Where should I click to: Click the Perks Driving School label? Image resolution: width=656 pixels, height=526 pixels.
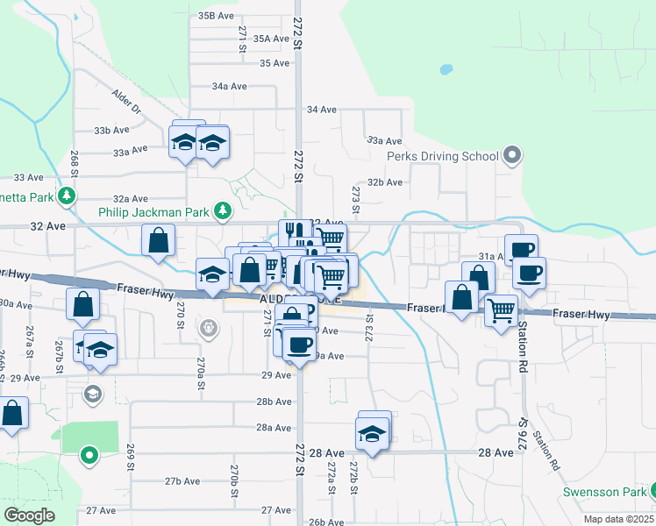[443, 157]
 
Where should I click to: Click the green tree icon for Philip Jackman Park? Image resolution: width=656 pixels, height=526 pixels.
[225, 210]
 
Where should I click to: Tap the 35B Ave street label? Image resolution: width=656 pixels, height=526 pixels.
[217, 16]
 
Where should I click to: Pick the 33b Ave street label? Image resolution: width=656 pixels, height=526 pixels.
[111, 131]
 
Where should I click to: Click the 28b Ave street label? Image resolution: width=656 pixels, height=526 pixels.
[274, 402]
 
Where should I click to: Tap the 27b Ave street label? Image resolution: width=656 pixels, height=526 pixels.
[182, 481]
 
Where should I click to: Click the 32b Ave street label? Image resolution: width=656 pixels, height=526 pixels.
[385, 182]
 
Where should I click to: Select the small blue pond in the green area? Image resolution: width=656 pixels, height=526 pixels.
[446, 68]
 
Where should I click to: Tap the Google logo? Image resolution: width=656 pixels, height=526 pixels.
[29, 515]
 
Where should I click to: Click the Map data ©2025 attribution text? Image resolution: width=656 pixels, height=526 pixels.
[617, 519]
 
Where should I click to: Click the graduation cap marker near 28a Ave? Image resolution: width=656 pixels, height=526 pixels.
[372, 434]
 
